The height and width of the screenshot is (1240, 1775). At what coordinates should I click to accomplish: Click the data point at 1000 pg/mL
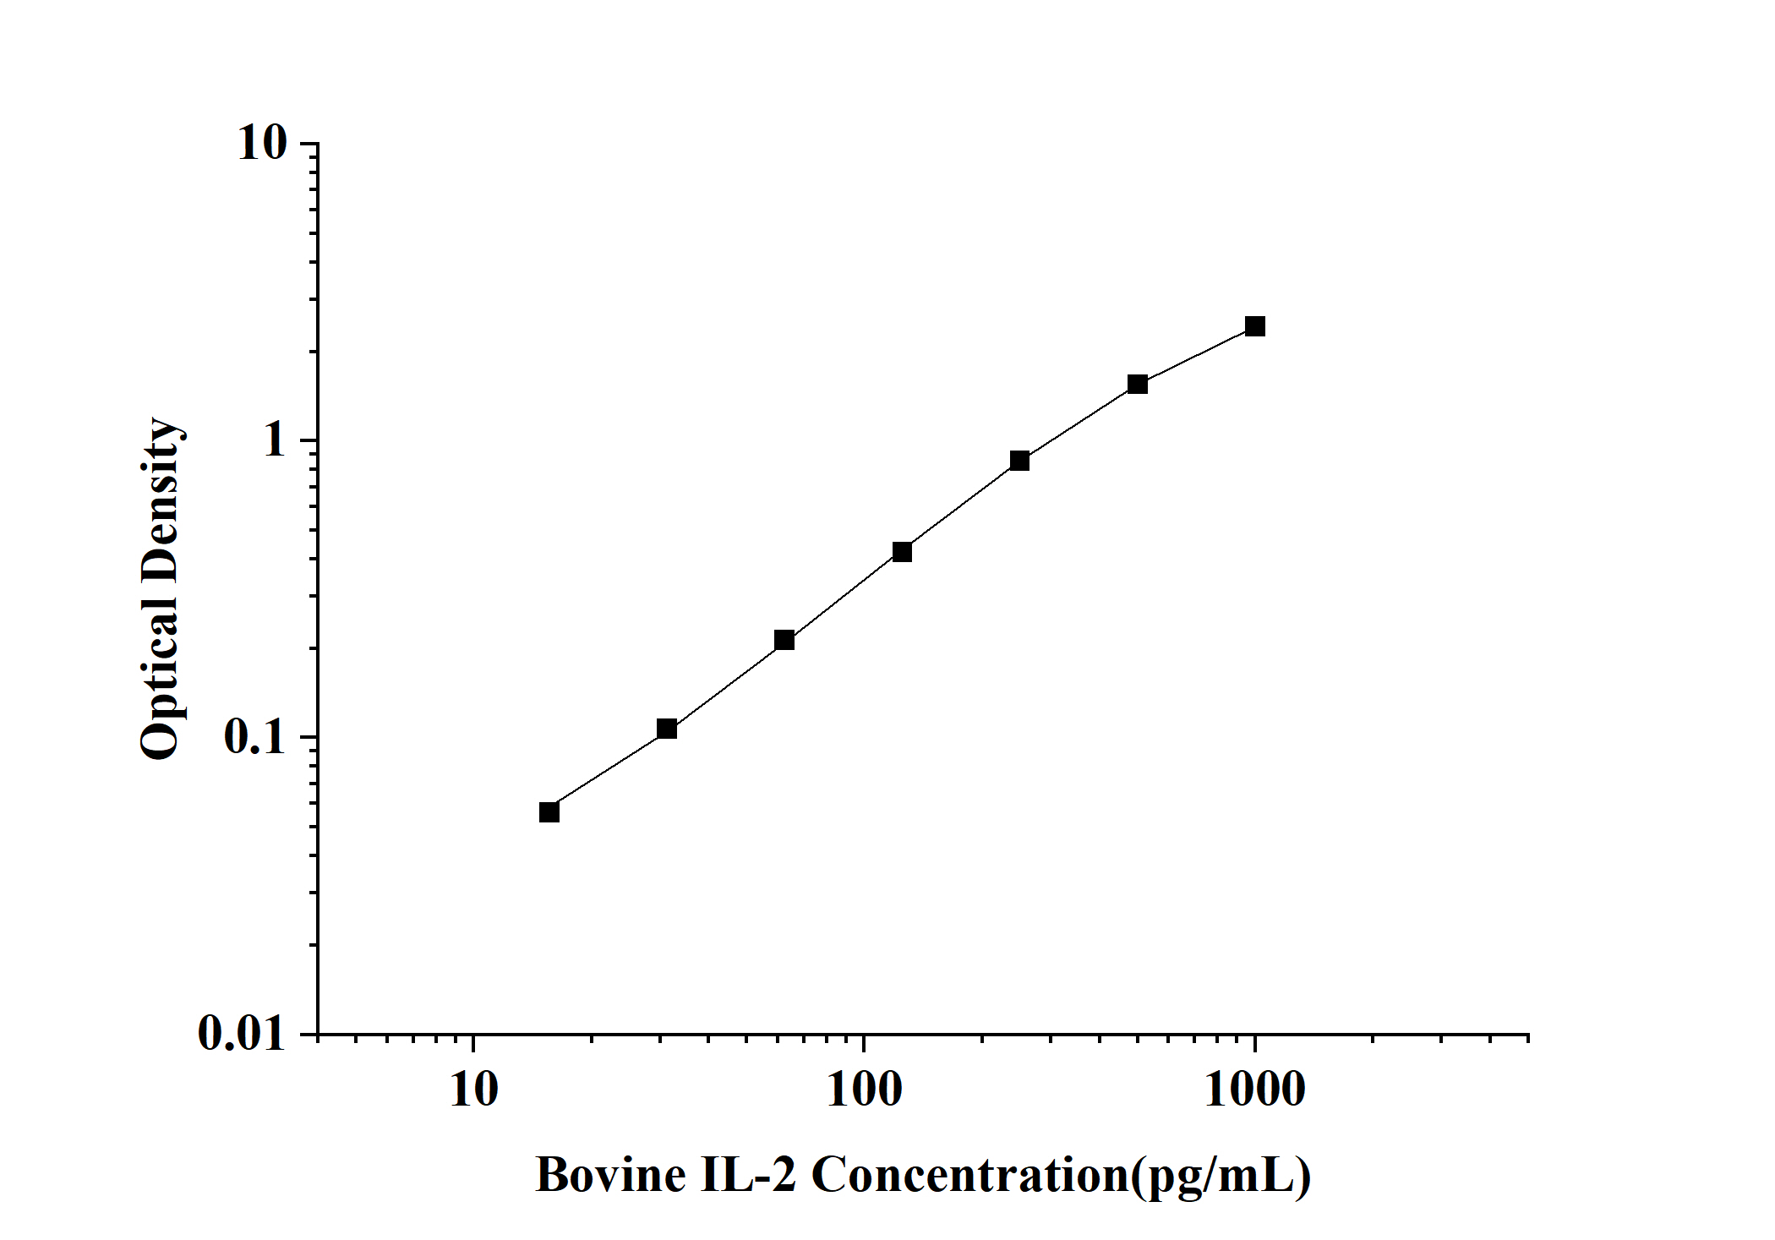tap(1255, 326)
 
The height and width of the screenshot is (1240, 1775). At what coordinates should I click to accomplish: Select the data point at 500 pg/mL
tap(1138, 385)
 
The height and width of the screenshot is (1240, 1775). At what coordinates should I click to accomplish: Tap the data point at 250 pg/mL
tap(1019, 461)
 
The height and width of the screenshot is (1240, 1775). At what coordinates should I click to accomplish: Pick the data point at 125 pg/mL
tap(902, 552)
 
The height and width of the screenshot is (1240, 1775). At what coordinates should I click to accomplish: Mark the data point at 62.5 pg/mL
tap(784, 640)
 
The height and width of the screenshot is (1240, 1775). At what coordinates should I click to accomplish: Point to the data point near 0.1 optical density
tap(667, 729)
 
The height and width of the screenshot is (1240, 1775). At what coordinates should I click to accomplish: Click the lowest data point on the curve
tap(549, 812)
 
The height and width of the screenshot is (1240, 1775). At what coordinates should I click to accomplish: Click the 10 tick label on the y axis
tap(262, 144)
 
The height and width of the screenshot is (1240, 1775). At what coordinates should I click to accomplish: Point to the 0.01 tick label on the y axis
tap(243, 1034)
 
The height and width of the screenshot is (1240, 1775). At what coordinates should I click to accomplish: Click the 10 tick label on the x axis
tap(473, 1090)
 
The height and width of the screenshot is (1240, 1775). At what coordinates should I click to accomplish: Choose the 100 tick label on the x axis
tap(864, 1090)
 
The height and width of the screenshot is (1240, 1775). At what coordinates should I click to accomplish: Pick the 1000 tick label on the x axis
tap(1254, 1090)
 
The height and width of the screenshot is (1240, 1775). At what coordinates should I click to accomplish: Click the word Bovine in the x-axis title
tap(611, 1176)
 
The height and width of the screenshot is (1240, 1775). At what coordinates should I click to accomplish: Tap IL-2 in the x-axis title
tap(748, 1176)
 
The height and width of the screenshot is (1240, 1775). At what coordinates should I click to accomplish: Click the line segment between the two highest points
tap(1197, 355)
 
